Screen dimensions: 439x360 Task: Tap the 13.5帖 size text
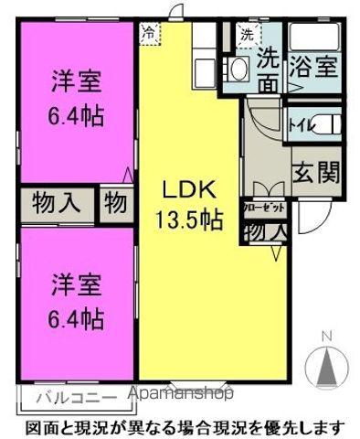coord(188,219)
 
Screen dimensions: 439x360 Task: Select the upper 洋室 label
coord(76,81)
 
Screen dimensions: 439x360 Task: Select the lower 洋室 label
coord(76,284)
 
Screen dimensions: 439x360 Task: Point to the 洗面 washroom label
coord(269,69)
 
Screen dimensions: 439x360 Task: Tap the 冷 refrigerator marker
coord(149,32)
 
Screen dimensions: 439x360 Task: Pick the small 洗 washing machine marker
coord(247,34)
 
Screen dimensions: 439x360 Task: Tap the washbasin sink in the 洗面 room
coord(238,69)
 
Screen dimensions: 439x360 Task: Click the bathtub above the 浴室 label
coord(314,37)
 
